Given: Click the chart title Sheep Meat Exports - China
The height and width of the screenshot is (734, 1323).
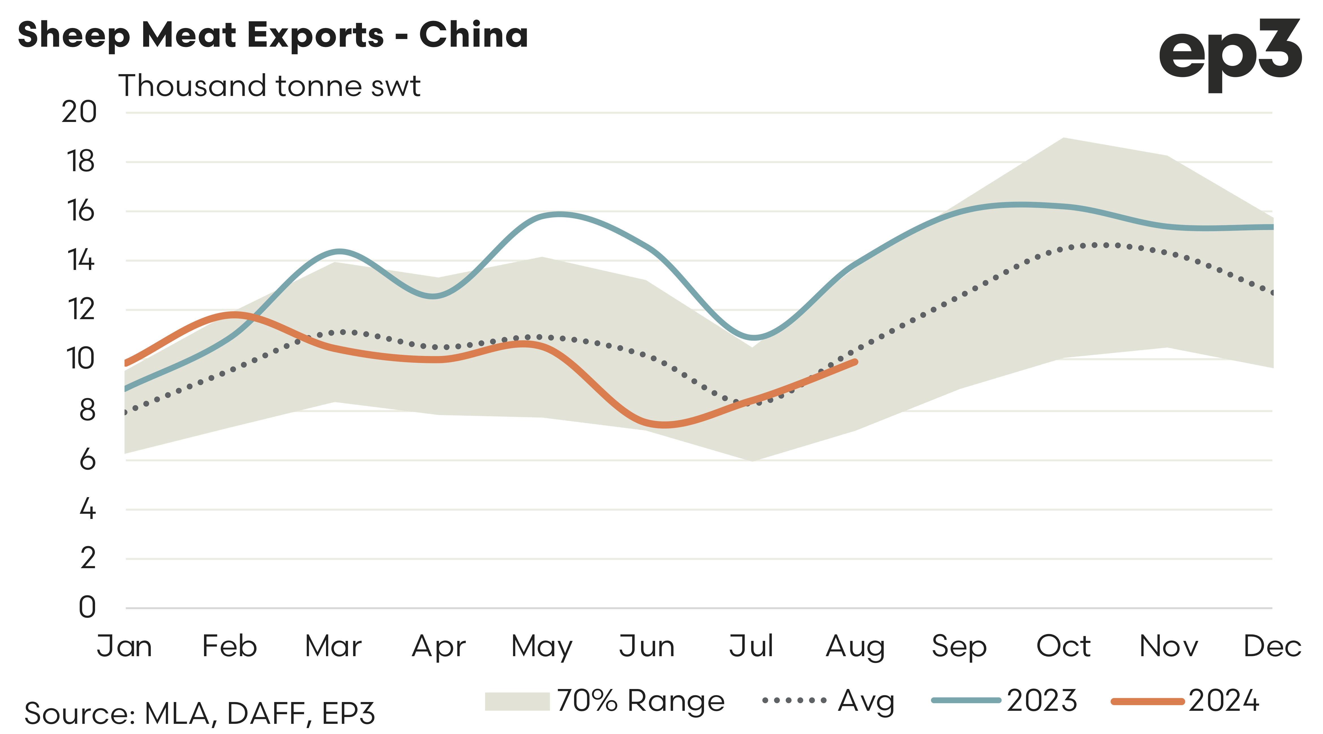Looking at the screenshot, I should [273, 35].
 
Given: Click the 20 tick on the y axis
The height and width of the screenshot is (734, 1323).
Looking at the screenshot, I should [79, 112].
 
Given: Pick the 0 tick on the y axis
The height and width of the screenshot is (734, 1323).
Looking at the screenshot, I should [87, 607].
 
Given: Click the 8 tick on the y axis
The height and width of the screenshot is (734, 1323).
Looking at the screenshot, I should [87, 410].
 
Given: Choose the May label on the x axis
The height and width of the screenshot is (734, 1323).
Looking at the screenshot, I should [542, 647].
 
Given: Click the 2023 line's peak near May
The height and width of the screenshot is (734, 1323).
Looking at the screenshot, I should [560, 214].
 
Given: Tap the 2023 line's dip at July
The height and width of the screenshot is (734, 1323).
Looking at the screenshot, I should [753, 338].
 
